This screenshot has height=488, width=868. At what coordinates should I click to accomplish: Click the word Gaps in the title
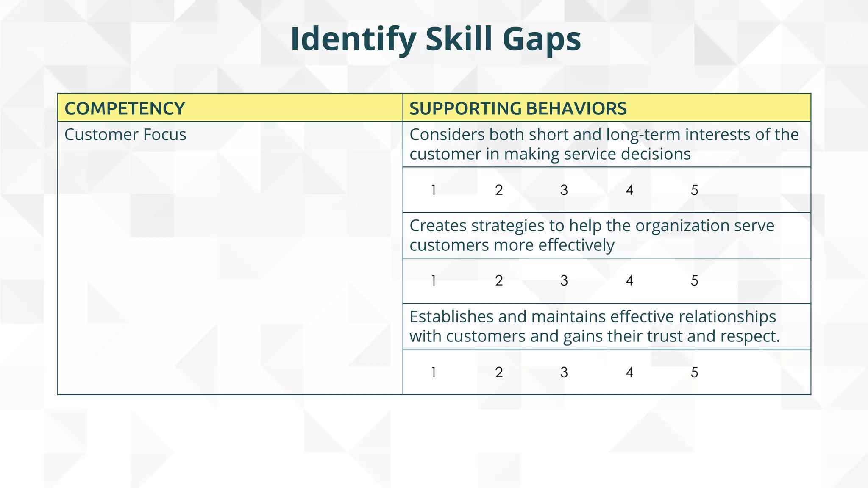[x=541, y=39]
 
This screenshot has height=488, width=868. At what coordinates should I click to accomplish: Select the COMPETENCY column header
[x=125, y=108]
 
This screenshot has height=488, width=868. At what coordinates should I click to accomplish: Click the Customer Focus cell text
[x=125, y=135]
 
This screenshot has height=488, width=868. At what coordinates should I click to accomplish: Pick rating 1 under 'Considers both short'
[x=434, y=190]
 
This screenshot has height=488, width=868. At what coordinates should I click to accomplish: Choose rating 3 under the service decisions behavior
[x=564, y=190]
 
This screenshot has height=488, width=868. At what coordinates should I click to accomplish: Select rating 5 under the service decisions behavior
[x=694, y=190]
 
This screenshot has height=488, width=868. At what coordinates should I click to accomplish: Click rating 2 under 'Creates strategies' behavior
[x=499, y=281]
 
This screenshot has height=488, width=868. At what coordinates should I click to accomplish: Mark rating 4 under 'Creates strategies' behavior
[x=629, y=281]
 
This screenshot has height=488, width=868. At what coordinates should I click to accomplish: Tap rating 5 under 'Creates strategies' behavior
[x=694, y=281]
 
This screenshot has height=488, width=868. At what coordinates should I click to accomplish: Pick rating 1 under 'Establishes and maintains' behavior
[x=434, y=372]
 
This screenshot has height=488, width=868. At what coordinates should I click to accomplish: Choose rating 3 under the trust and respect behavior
[x=564, y=372]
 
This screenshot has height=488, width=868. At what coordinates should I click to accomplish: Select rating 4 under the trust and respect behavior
[x=629, y=372]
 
